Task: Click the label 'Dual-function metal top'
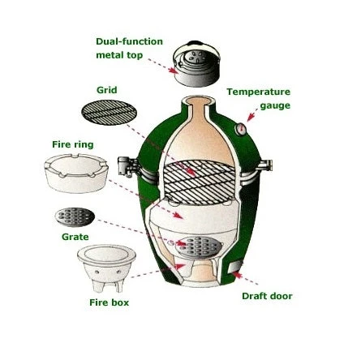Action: pyautogui.click(x=129, y=48)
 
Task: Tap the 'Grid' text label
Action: pyautogui.click(x=106, y=90)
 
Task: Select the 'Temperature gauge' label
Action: pyautogui.click(x=258, y=98)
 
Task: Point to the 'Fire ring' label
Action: pyautogui.click(x=72, y=144)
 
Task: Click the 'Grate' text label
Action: pyautogui.click(x=75, y=237)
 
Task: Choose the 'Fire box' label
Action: pyautogui.click(x=109, y=302)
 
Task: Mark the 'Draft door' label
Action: pyautogui.click(x=267, y=296)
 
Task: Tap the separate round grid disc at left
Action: pyautogui.click(x=109, y=113)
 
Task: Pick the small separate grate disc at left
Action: pyautogui.click(x=75, y=216)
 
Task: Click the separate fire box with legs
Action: pyautogui.click(x=106, y=267)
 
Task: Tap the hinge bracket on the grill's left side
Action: pyautogui.click(x=127, y=167)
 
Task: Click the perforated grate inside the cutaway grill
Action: pyautogui.click(x=194, y=246)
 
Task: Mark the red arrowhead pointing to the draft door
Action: pyautogui.click(x=237, y=276)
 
